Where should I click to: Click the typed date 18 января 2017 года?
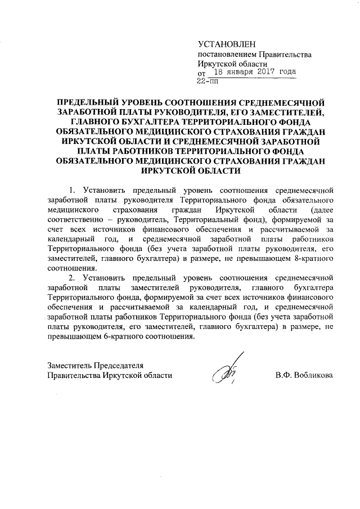255,73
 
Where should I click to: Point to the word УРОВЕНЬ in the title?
146,103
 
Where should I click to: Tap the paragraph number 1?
71,188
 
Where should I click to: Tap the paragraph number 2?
71,278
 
